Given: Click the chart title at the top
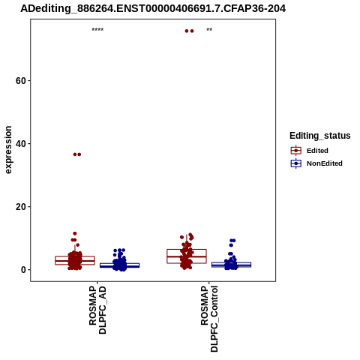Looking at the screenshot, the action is pos(153,9).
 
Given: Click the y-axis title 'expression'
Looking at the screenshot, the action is pos(8,150).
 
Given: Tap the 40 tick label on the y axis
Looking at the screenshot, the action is pos(20,144).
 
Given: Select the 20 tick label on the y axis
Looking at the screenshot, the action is pos(20,207).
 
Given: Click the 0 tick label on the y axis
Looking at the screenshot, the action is pos(23,270).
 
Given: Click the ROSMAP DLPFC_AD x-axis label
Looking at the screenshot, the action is pos(97,310).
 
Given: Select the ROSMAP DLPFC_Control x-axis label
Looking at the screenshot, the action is pos(209,319).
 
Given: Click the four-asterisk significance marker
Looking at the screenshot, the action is pos(97,30).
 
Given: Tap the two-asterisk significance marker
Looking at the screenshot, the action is pos(209,30).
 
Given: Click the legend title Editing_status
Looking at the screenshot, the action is pos(320,136).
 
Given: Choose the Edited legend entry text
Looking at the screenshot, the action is pos(317,151).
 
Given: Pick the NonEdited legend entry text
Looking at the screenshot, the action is pos(325,163).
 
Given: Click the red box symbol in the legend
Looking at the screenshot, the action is pos(296,151).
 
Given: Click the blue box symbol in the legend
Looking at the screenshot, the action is pos(296,163).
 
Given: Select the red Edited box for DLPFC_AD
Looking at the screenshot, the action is pos(75,260).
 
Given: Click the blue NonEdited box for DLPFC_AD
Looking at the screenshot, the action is pos(119,265).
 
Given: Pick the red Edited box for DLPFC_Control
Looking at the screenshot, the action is pos(187,256).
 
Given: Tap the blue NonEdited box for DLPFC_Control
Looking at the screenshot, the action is pos(231,265).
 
